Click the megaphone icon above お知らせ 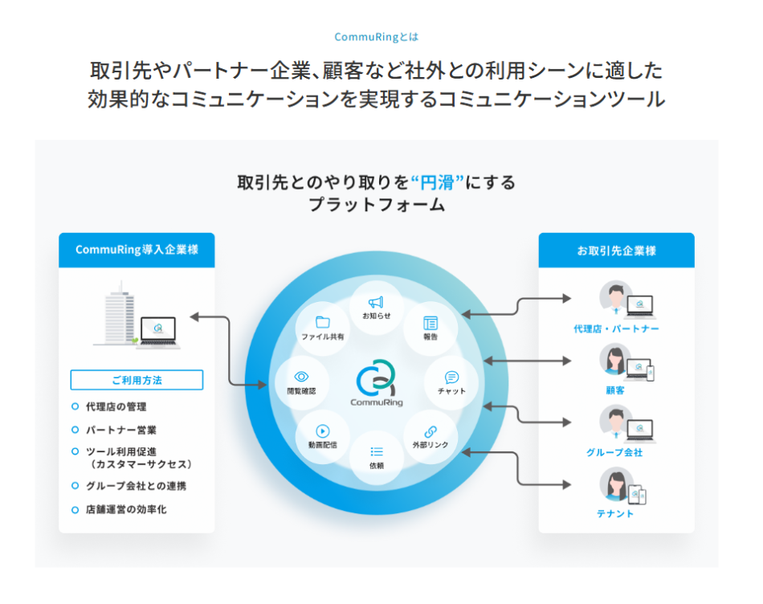click(376, 301)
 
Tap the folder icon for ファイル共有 click(323, 322)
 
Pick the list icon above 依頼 click(376, 451)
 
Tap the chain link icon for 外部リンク click(430, 431)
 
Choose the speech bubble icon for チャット click(451, 377)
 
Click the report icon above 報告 click(430, 323)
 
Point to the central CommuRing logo click(377, 378)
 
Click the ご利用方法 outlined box click(137, 380)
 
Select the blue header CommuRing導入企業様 click(137, 250)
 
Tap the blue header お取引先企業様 click(616, 250)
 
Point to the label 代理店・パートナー click(616, 329)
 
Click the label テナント click(616, 514)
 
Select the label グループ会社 click(616, 453)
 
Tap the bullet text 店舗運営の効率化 click(126, 509)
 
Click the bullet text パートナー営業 click(121, 430)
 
